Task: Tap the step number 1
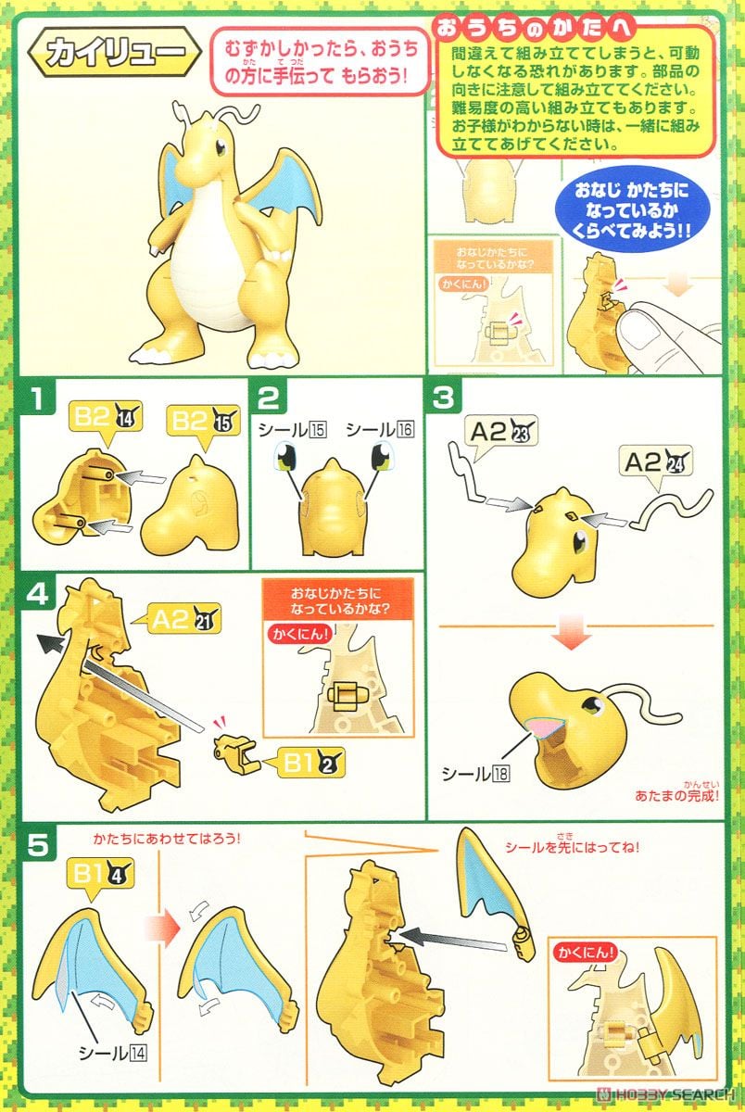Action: tap(37, 400)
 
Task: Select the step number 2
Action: tap(268, 400)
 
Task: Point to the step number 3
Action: tap(443, 400)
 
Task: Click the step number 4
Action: tap(37, 593)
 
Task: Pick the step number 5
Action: tap(37, 845)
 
